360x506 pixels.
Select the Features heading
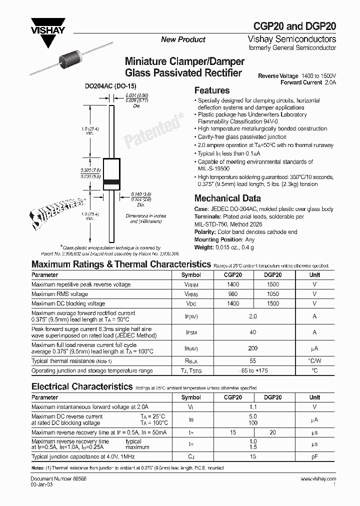pos(211,90)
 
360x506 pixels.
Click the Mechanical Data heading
pos(227,198)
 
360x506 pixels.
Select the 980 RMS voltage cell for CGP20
pos(233,294)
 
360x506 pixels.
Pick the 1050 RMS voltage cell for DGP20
pos(272,294)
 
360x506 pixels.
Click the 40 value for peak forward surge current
pos(252,332)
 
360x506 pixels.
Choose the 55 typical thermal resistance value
pos(252,360)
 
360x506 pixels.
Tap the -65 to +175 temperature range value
pos(252,370)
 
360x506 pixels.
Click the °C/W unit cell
pos(314,360)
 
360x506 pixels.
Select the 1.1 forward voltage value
pos(252,407)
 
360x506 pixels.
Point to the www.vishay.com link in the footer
pos(318,479)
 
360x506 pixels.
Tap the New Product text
pos(183,39)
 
